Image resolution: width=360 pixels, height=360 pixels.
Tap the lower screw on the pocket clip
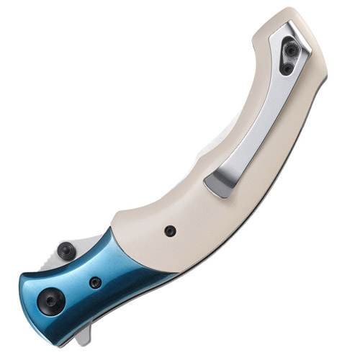coord(287,68)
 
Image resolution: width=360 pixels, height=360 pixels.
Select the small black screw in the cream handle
coord(170,231)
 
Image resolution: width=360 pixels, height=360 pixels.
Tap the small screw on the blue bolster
coord(95,282)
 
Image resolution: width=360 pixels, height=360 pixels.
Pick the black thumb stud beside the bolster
coord(67,251)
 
